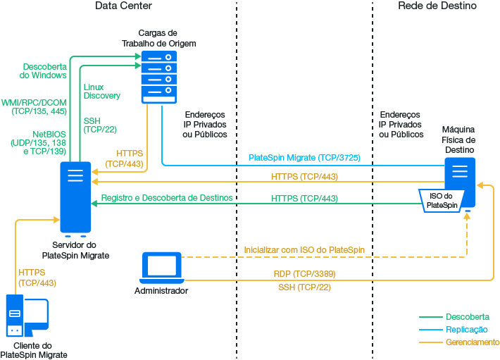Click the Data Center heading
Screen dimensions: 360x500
coord(123,6)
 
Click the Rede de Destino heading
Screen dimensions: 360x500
coord(437,6)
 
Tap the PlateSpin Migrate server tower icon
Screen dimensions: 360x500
coord(75,198)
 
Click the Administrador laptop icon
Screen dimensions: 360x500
coord(161,267)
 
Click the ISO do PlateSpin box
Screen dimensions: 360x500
coord(442,200)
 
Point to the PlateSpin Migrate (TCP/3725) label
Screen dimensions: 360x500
coord(304,159)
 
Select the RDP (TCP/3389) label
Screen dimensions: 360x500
coord(304,273)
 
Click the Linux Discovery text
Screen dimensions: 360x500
coord(101,91)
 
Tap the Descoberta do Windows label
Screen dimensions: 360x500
coord(44,70)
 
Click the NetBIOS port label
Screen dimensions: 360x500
coord(38,142)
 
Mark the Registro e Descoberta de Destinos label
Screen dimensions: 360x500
coord(166,198)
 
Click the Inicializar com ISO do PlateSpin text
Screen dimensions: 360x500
coord(304,250)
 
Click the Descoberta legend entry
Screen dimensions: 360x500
coord(467,316)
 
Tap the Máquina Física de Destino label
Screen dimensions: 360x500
coord(458,139)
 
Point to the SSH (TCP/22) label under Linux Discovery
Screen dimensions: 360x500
coord(99,125)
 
